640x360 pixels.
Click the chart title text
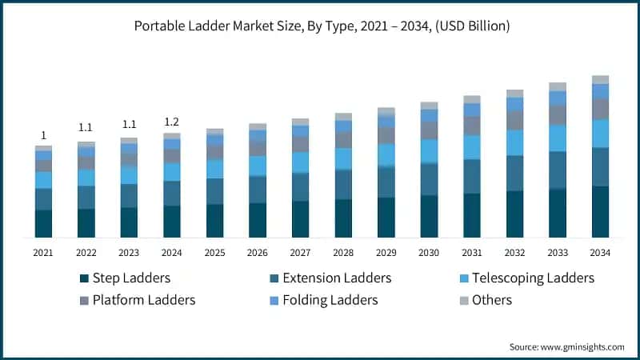pyautogui.click(x=320, y=26)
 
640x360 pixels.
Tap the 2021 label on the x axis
pyautogui.click(x=43, y=253)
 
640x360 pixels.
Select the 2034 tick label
pyautogui.click(x=600, y=253)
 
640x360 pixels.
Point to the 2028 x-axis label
pyautogui.click(x=342, y=253)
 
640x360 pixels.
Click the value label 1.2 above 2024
pyautogui.click(x=171, y=122)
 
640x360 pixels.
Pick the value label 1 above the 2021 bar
pyautogui.click(x=43, y=135)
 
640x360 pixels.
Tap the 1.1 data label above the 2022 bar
pyautogui.click(x=86, y=127)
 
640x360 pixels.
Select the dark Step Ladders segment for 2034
pyautogui.click(x=600, y=212)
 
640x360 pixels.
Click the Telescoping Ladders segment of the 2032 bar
pyautogui.click(x=514, y=142)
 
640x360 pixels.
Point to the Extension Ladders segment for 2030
pyautogui.click(x=429, y=179)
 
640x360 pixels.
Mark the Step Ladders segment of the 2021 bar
pyautogui.click(x=43, y=224)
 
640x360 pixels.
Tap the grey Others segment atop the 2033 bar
pyautogui.click(x=558, y=86)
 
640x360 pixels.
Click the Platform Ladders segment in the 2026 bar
pyautogui.click(x=258, y=149)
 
